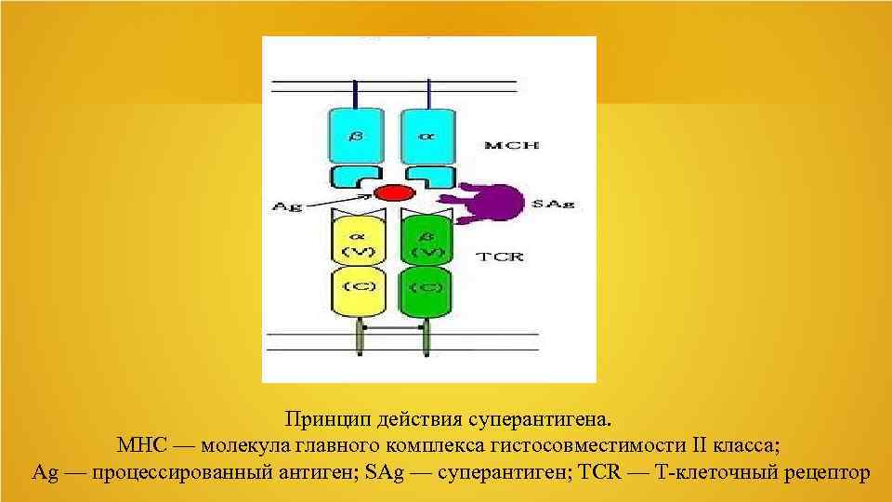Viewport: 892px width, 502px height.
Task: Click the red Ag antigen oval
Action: coord(393,193)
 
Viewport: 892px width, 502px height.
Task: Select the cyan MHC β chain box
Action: coord(357,137)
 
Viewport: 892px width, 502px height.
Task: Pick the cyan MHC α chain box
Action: coord(427,137)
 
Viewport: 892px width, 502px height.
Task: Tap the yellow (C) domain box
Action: coord(357,287)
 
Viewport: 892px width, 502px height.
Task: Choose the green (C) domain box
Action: coord(426,287)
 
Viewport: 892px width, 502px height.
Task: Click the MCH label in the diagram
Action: coord(511,145)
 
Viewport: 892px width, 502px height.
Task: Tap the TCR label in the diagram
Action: coord(501,255)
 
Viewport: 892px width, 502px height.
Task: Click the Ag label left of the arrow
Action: coord(289,207)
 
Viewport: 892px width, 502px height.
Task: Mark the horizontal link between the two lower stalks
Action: coord(392,329)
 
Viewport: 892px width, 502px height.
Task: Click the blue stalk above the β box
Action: coord(357,92)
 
